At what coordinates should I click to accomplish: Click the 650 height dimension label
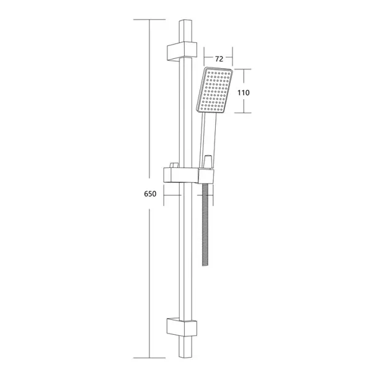pyautogui.click(x=150, y=194)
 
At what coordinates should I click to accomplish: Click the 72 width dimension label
pyautogui.click(x=219, y=59)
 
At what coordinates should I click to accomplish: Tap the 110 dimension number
pyautogui.click(x=244, y=92)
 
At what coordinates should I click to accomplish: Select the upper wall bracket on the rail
pyautogui.click(x=182, y=51)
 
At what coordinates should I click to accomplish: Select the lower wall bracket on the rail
pyautogui.click(x=182, y=327)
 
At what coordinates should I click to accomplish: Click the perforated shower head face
pyautogui.click(x=215, y=90)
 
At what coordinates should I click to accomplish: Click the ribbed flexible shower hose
pyautogui.click(x=205, y=224)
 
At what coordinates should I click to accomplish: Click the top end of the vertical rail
pyautogui.click(x=185, y=21)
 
